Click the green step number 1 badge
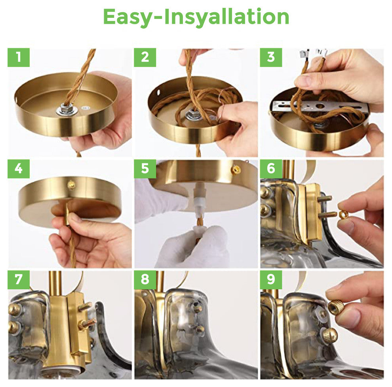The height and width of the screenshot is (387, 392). tap(19, 57)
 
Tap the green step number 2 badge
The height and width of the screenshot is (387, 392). tap(145, 57)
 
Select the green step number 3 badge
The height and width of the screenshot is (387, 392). tap(271, 57)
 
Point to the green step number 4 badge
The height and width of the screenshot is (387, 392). tap(19, 169)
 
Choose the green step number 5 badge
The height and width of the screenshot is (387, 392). tap(145, 169)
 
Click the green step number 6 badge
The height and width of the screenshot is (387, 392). tap(271, 169)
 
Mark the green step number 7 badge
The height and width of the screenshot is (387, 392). tap(19, 280)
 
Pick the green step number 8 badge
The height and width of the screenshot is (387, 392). tap(145, 280)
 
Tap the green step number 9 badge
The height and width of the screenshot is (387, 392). tap(271, 280)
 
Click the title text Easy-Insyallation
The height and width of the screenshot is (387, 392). tap(196, 17)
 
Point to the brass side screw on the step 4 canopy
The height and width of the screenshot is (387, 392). tap(71, 185)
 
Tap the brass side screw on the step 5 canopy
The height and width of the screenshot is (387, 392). tap(236, 170)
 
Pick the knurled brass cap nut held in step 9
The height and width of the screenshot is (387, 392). tap(336, 307)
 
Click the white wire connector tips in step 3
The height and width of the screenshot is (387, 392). tap(313, 53)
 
